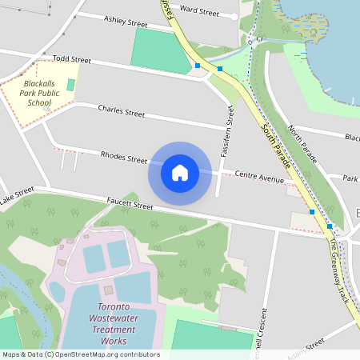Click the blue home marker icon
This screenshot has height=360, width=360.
(180, 172)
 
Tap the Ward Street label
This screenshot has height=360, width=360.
(199, 11)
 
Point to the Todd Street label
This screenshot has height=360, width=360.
(72, 59)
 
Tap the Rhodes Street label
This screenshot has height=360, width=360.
(124, 156)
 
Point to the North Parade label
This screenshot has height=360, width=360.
(303, 144)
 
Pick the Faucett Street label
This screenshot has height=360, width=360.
(130, 206)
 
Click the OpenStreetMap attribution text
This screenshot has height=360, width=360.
(81, 354)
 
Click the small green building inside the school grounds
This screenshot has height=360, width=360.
(70, 84)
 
